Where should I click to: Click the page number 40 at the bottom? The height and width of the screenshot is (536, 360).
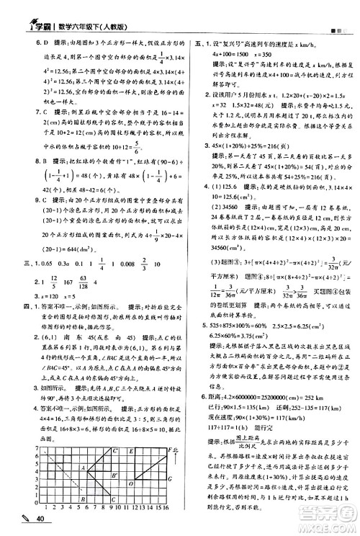coord(40,521)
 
